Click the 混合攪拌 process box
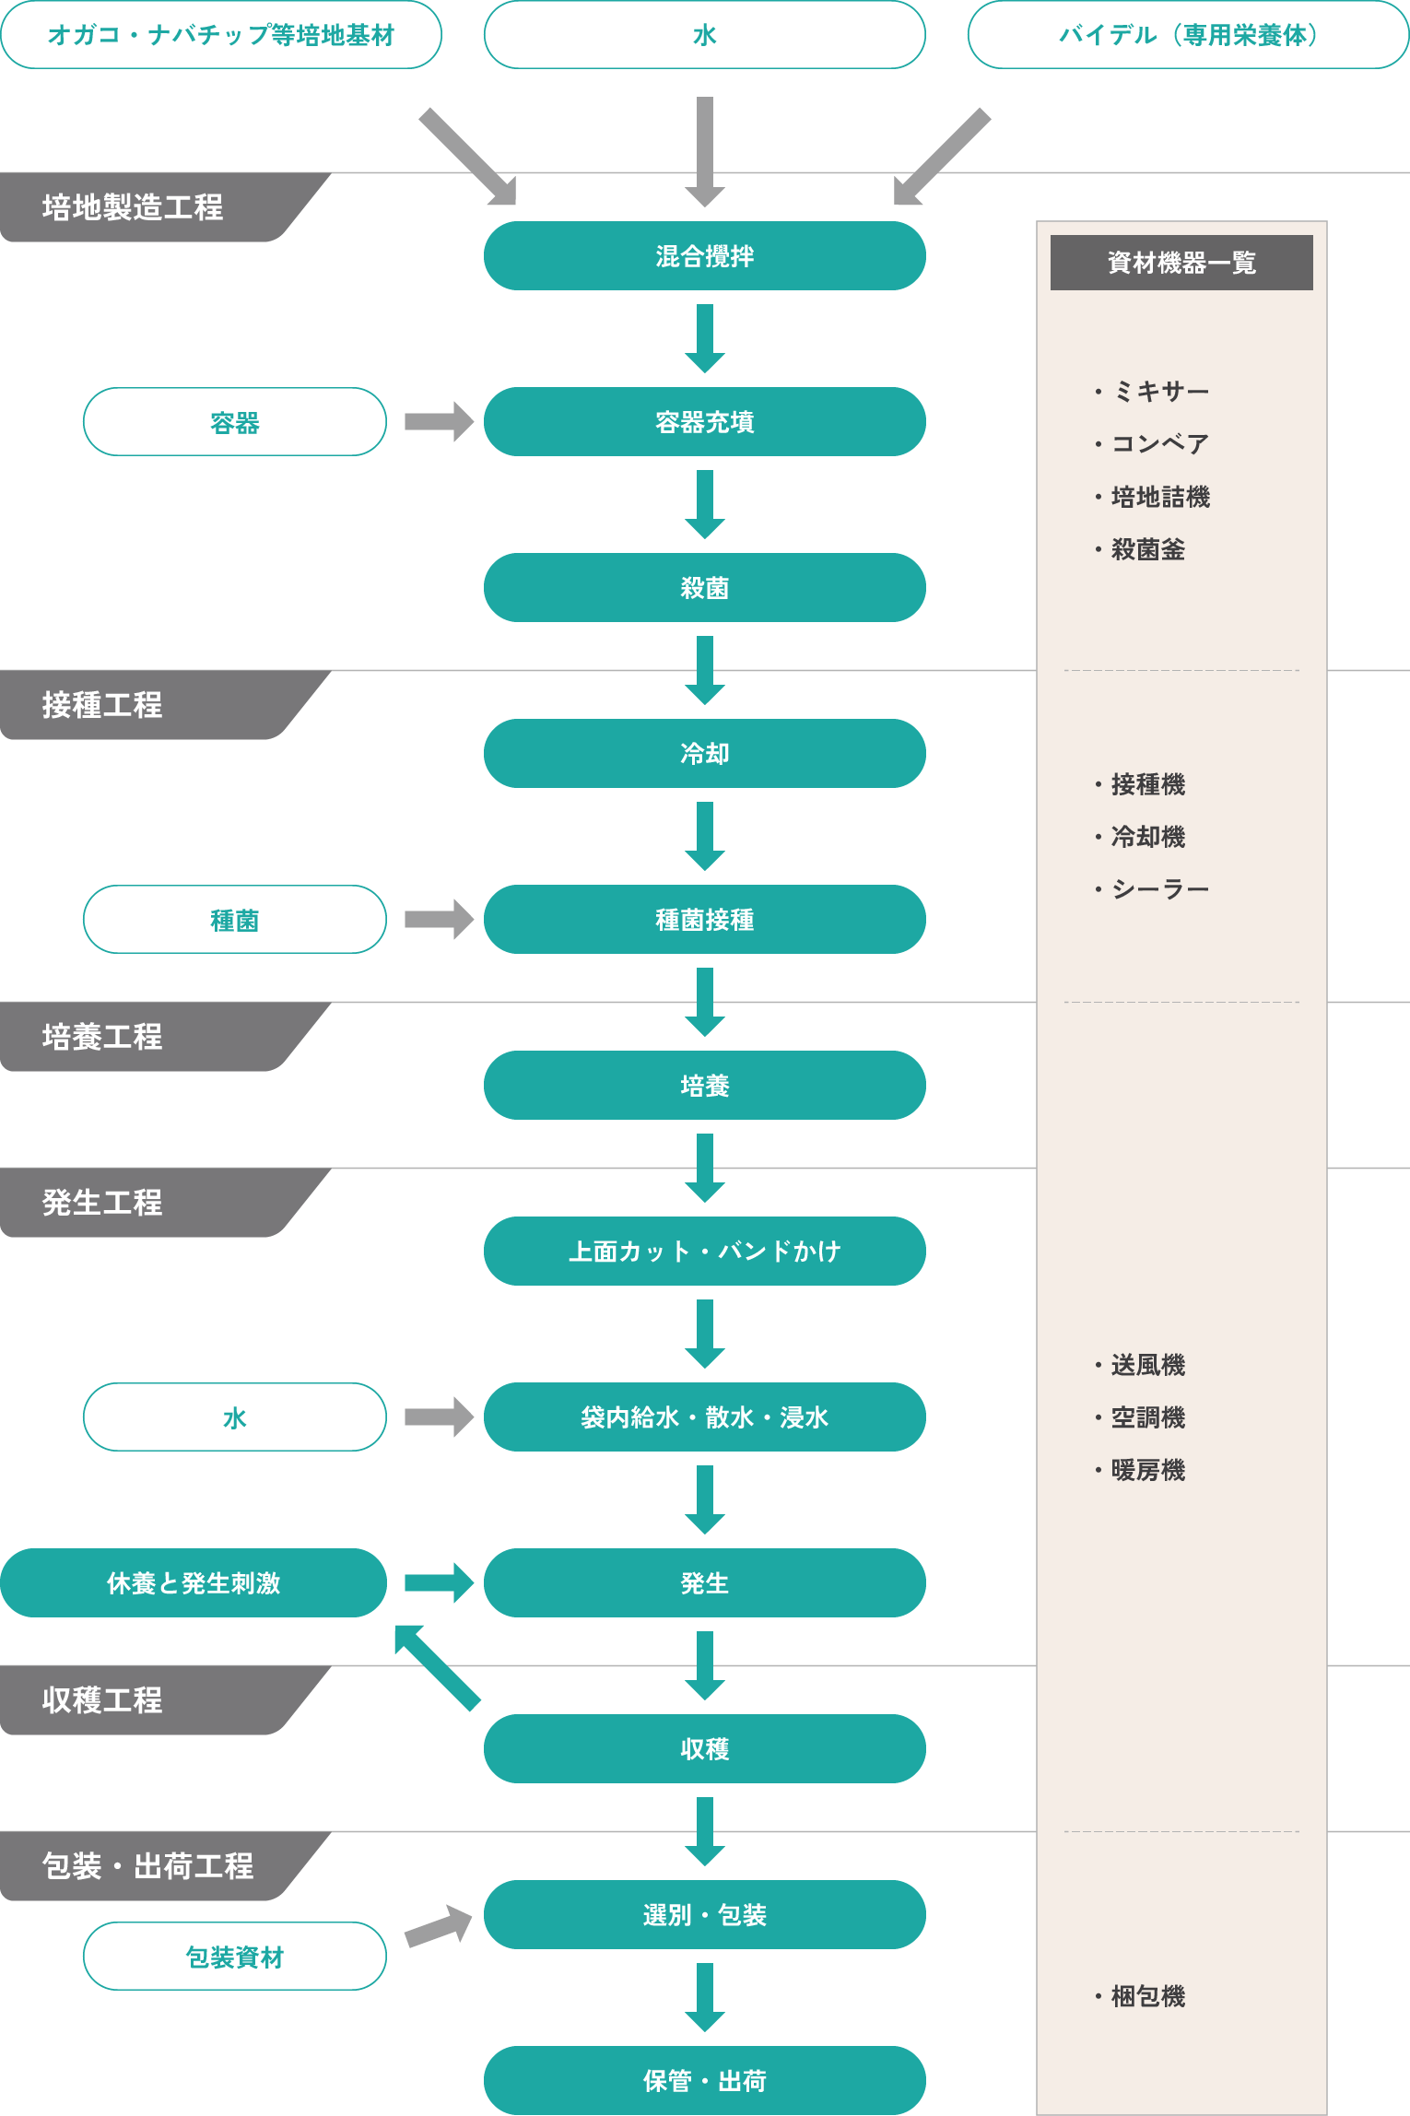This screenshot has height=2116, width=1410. [704, 255]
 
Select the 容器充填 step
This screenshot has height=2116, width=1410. [704, 421]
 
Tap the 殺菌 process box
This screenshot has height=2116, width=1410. [704, 587]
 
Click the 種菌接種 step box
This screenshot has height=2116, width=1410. [704, 919]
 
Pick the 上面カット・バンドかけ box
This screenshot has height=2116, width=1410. [704, 1251]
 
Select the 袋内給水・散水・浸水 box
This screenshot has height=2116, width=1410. [704, 1417]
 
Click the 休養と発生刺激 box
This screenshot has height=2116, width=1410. [193, 1582]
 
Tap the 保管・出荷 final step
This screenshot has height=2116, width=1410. [704, 2080]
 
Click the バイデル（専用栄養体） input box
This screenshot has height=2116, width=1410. [1188, 35]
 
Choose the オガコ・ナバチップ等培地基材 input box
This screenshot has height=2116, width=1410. [220, 35]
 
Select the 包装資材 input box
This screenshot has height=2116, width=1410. [234, 1956]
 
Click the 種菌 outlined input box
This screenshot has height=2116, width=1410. [234, 919]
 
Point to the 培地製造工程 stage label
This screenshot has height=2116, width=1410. [134, 207]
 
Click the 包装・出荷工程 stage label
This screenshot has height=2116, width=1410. [147, 1865]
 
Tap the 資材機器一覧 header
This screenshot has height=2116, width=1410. [1181, 263]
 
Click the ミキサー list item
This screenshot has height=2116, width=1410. [1158, 392]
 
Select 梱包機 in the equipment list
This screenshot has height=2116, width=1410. [1146, 1996]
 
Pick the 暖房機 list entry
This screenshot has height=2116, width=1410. [1146, 1470]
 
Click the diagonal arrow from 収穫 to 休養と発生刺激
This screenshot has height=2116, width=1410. [437, 1668]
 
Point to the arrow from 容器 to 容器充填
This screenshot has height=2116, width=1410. [439, 421]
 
